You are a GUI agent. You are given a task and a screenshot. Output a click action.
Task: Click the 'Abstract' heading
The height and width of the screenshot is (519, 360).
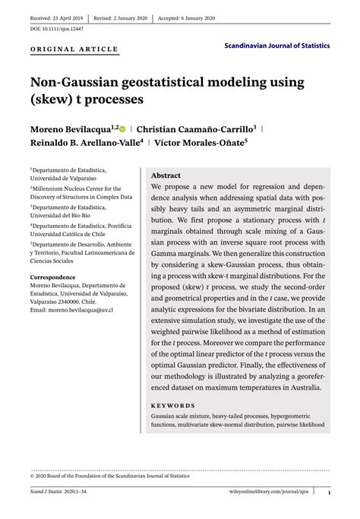click(166, 175)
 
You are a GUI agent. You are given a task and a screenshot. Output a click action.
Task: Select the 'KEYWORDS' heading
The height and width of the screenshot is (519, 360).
click(173, 406)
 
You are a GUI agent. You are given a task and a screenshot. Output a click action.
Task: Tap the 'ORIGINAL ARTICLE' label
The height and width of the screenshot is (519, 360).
click(74, 49)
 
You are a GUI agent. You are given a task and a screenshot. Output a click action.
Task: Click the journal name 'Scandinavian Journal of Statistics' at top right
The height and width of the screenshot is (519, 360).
click(277, 46)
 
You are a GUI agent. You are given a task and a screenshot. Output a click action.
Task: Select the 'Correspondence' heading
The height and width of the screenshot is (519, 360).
click(52, 277)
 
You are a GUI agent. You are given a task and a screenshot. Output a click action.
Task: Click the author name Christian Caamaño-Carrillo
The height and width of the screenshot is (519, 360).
click(197, 130)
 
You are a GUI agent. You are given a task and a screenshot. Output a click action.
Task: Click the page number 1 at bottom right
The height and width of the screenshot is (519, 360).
click(329, 492)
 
